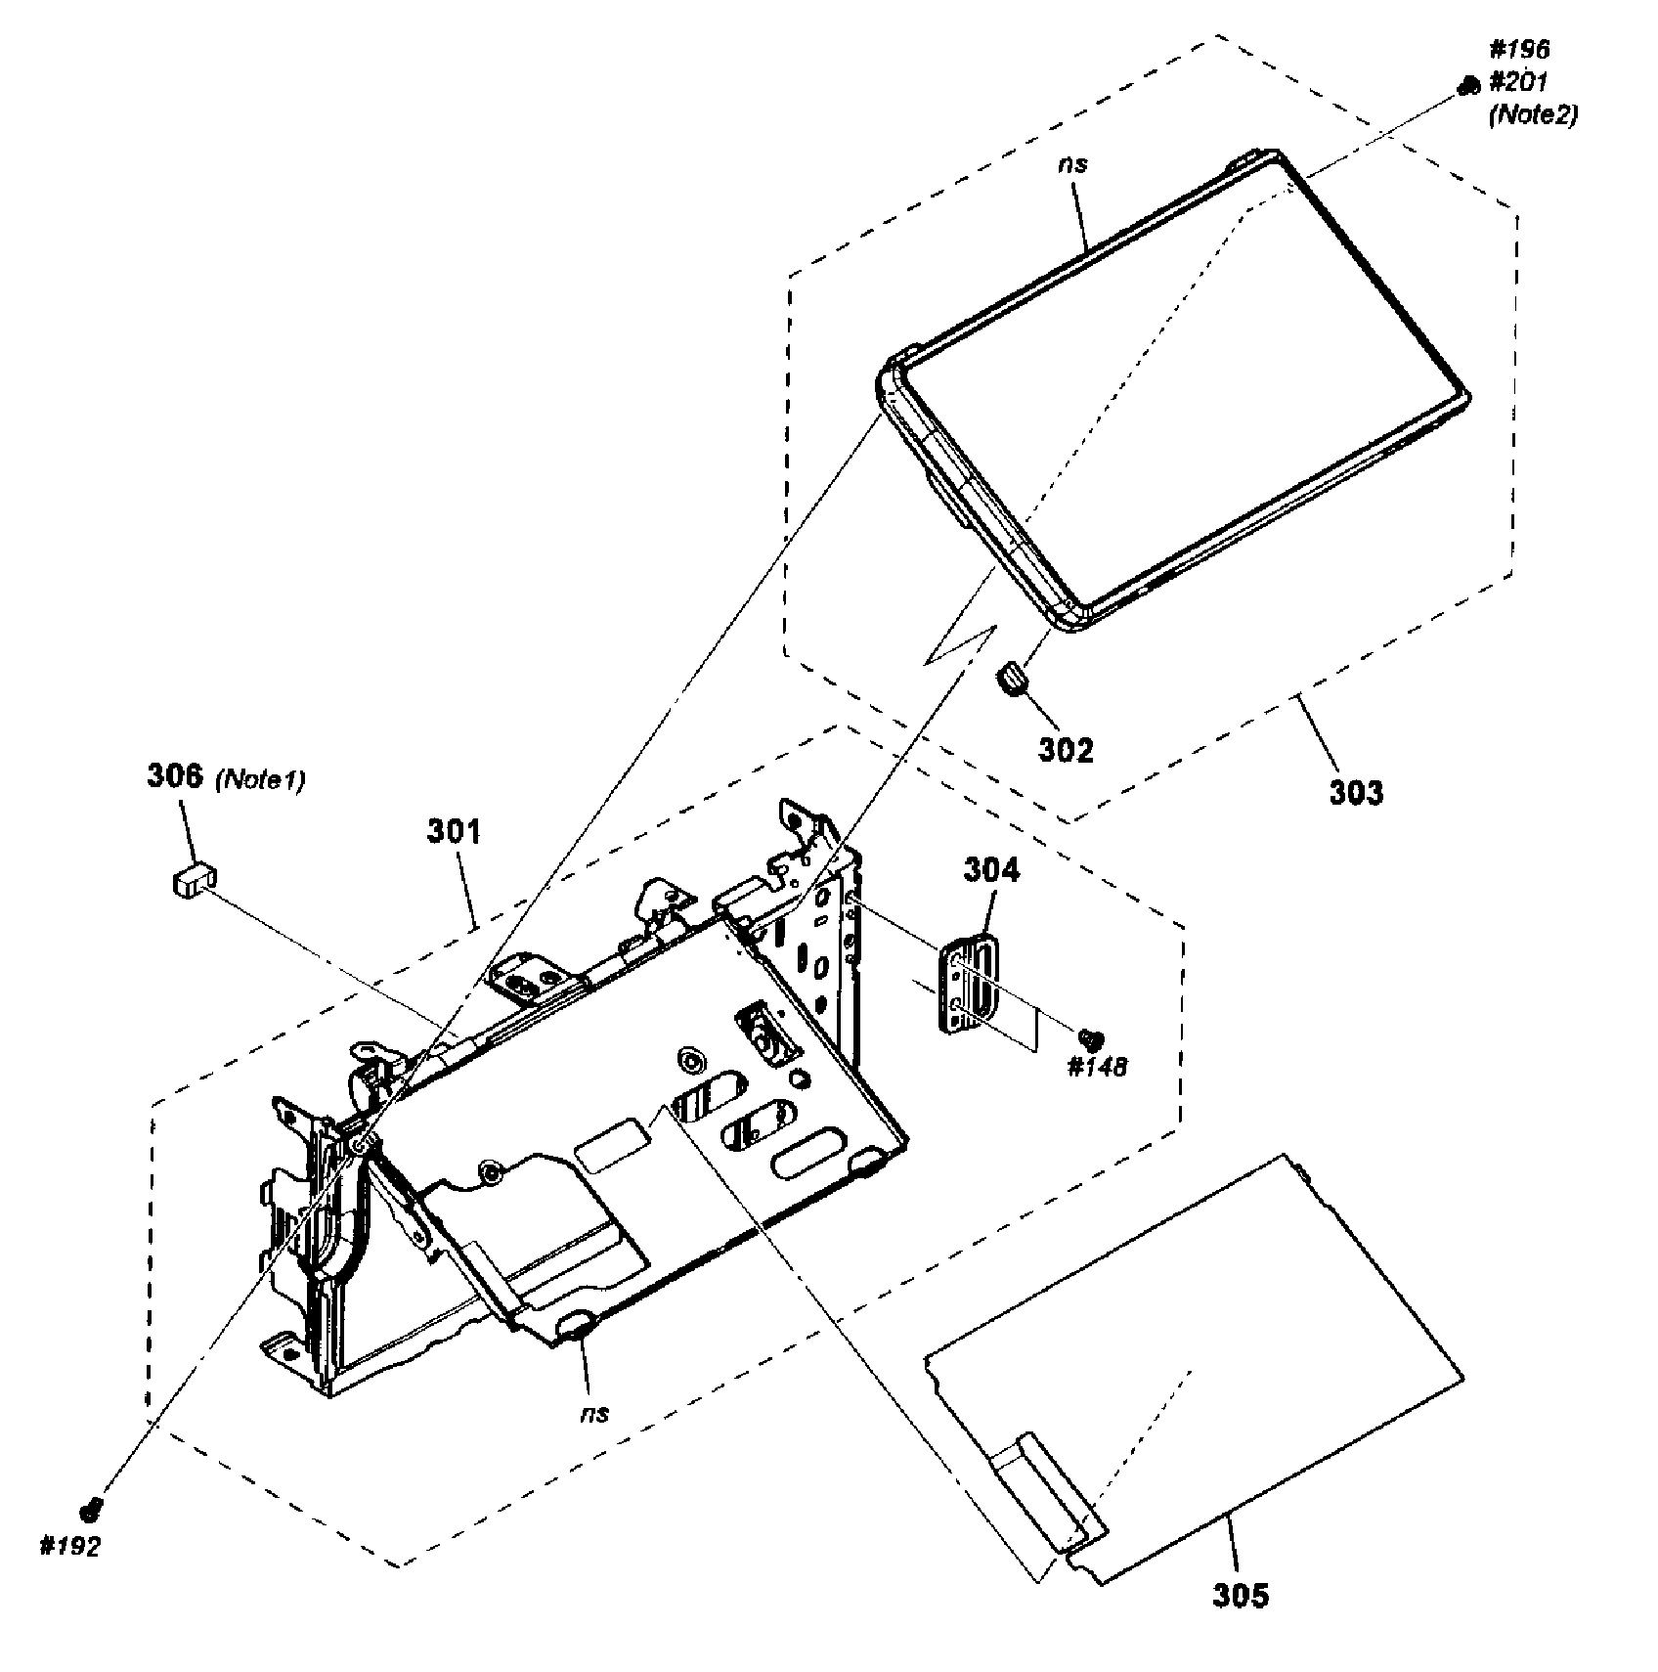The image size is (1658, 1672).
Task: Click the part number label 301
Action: pos(455,832)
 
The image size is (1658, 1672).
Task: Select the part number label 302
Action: pos(1066,750)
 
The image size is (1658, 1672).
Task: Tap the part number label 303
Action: pos(1356,791)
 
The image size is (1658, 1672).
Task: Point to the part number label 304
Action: pos(991,869)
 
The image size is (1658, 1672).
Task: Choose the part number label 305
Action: pos(1241,1596)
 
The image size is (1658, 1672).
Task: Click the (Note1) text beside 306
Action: pos(259,779)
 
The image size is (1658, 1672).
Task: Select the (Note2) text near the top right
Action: pos(1532,115)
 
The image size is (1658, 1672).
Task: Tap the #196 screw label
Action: pos(1519,49)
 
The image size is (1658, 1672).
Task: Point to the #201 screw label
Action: pos(1519,82)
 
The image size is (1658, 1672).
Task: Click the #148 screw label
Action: pos(1097,1066)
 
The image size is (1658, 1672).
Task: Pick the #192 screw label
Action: pos(69,1547)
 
